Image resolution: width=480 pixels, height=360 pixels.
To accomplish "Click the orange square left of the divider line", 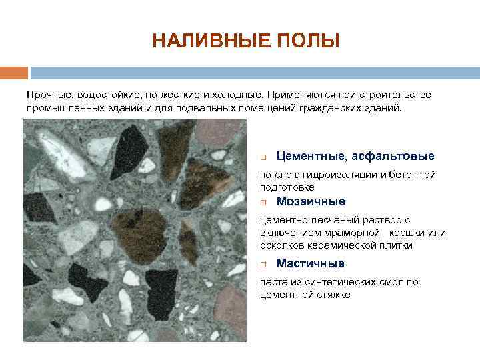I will [13, 72].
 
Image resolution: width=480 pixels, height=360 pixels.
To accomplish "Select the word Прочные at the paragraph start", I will [47, 95].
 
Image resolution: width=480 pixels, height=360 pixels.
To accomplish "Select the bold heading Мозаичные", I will [311, 201].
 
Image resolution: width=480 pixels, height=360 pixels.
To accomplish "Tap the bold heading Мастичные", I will [310, 263].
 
